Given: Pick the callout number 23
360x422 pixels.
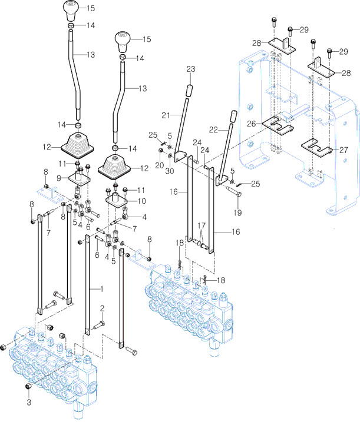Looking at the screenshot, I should [190, 69].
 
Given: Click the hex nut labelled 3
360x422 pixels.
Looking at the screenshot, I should [28, 386].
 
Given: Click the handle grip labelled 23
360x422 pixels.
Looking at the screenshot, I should [190, 91].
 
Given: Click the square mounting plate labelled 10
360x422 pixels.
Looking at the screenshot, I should [120, 200].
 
